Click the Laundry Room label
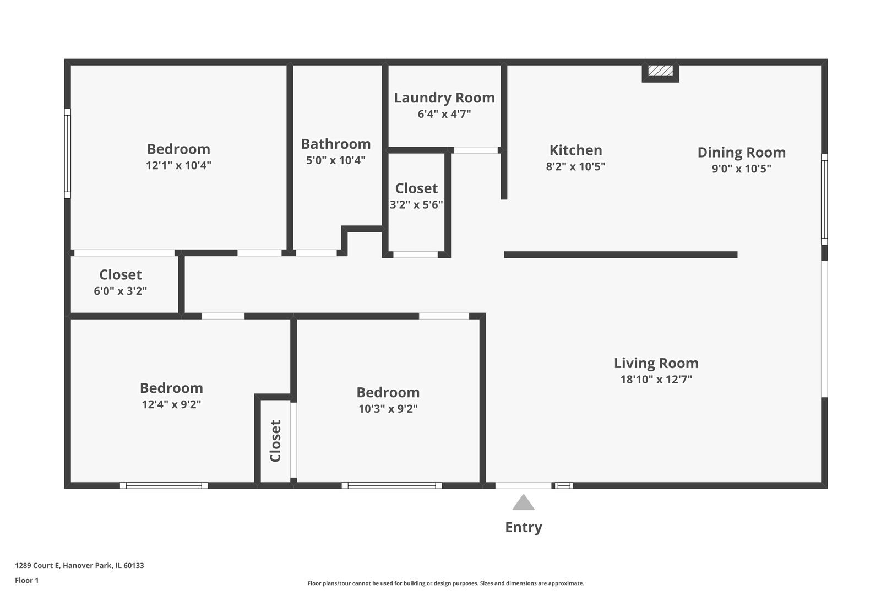click(444, 98)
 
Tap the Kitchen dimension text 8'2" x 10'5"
click(575, 166)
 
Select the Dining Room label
click(742, 152)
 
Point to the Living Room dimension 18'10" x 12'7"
click(656, 380)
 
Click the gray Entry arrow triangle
click(523, 502)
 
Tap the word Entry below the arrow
click(524, 528)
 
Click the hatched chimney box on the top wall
click(660, 71)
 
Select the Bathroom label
click(336, 144)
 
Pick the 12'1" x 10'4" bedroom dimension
click(178, 165)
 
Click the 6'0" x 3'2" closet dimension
click(120, 291)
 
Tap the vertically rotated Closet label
click(275, 441)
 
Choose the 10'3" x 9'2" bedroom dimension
click(388, 409)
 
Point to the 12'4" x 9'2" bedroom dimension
click(171, 404)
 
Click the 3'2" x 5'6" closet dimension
click(416, 205)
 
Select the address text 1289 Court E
click(37, 565)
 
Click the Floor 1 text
click(26, 580)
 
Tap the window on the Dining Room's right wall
click(824, 199)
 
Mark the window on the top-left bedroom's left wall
click(68, 153)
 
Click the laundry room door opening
click(476, 150)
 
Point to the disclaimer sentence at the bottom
click(445, 583)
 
